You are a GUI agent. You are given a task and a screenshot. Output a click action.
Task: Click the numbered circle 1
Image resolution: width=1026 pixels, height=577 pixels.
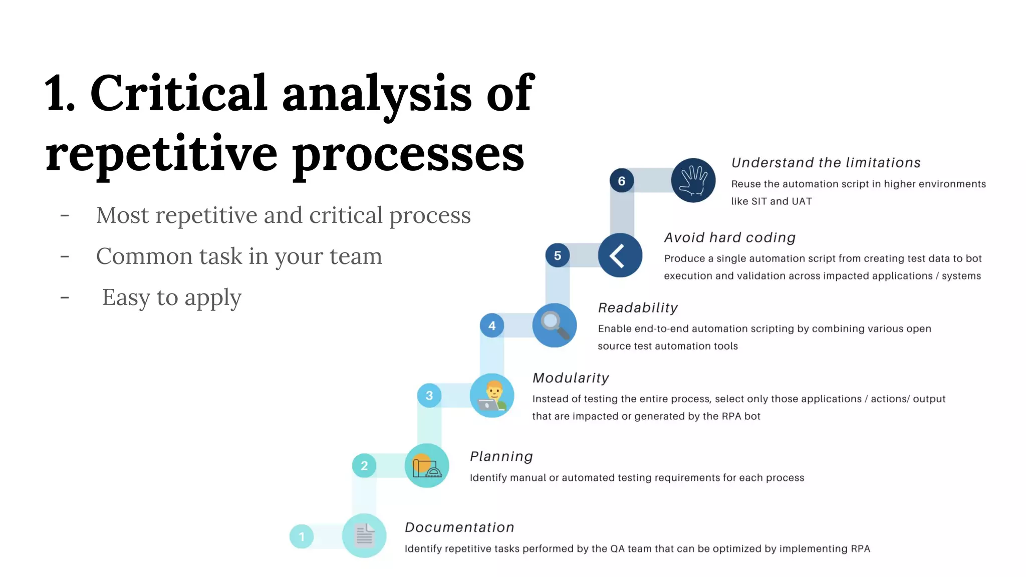[x=302, y=536]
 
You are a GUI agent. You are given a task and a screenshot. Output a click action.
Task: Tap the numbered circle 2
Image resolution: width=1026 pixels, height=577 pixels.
[x=364, y=466]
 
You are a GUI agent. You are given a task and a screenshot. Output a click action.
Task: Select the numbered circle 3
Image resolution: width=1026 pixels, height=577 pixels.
[x=429, y=396]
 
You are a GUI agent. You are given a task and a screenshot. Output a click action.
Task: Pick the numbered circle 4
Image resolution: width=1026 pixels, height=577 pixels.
[x=492, y=326]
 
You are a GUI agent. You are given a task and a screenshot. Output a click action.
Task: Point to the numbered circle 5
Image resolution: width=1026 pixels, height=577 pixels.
[x=558, y=255]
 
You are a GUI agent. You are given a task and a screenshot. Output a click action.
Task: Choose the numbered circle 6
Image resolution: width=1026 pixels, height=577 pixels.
[x=622, y=181]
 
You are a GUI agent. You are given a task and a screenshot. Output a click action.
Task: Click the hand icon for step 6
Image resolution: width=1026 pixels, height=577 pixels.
[x=693, y=180]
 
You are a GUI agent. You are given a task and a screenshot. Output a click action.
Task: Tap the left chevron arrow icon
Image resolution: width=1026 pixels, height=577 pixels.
[x=620, y=255]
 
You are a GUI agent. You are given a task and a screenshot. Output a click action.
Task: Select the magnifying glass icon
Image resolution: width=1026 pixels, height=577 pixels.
[x=554, y=325]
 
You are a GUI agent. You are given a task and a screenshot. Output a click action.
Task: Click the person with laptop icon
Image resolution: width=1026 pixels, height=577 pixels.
[x=492, y=395]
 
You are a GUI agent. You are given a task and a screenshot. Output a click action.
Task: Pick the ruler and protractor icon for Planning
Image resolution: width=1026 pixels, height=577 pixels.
[x=427, y=466]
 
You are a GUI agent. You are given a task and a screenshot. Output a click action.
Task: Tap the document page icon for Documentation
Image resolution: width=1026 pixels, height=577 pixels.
[x=364, y=535]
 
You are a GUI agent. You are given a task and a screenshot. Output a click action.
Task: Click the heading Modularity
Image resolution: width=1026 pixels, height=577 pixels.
[x=571, y=378]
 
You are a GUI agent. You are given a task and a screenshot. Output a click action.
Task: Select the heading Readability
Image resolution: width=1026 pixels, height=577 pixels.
[x=638, y=308]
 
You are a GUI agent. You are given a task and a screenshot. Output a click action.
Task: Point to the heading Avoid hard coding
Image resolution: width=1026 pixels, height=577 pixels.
[x=730, y=237]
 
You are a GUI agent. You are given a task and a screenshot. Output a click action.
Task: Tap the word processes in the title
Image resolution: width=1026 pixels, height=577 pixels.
[x=408, y=153]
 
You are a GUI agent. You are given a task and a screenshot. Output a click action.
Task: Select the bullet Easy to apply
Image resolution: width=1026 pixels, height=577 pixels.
[x=171, y=298]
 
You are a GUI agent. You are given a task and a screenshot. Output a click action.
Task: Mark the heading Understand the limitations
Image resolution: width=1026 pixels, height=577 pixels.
[x=826, y=163]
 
